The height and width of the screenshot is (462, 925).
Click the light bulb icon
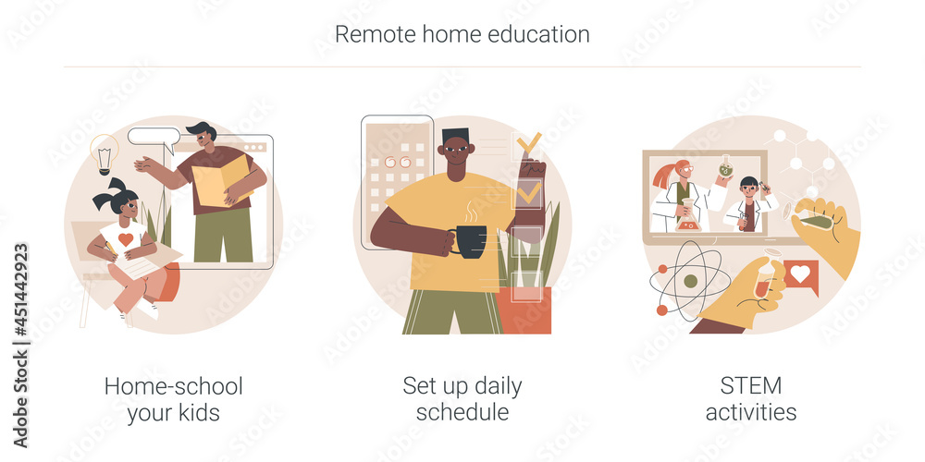[104, 152]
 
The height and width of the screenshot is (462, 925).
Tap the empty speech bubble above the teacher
[154, 138]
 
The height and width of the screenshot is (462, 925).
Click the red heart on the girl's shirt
[126, 240]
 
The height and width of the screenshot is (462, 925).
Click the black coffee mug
[468, 240]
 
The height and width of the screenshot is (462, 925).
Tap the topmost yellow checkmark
[529, 143]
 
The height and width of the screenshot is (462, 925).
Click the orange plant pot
[524, 310]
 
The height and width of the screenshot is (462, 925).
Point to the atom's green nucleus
[690, 281]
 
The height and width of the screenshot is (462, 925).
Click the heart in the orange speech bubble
[801, 274]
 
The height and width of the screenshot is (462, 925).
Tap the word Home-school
[174, 385]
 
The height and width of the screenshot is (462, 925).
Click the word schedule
[462, 412]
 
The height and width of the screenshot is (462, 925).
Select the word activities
[751, 412]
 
